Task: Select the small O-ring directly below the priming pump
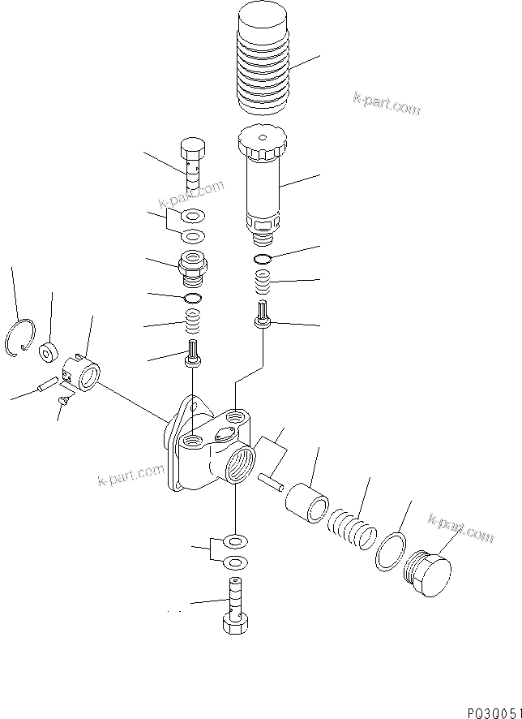[263, 259]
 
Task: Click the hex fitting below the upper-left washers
[192, 270]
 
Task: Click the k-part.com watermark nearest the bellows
[386, 104]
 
